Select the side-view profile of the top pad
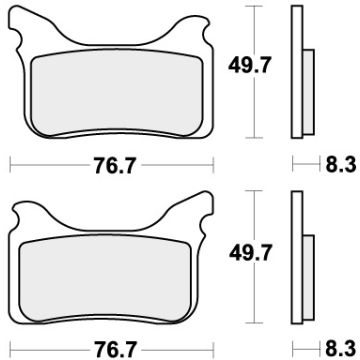click(x=297, y=70)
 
